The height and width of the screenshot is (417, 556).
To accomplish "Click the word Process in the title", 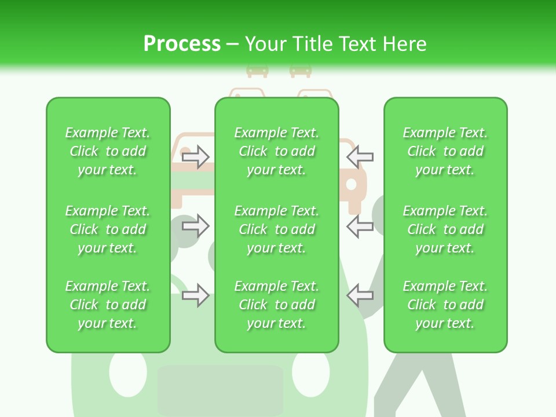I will tap(182, 44).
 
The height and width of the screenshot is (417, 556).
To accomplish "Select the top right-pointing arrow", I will tap(196, 157).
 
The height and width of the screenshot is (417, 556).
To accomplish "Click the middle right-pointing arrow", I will tap(196, 226).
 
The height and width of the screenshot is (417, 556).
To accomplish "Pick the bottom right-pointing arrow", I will tap(196, 295).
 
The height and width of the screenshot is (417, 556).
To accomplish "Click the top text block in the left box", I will tap(108, 151).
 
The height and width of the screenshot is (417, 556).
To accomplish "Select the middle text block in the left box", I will tap(108, 229).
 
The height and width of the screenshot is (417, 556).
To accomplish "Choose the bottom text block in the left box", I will tap(108, 305).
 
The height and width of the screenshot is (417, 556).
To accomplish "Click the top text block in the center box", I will tap(276, 151).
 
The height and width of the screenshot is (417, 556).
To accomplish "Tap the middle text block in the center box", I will tap(276, 229).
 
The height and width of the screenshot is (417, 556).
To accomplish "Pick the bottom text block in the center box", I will tap(276, 305).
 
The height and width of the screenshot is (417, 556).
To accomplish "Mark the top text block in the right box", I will tap(445, 151).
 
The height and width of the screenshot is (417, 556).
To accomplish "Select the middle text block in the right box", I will tap(445, 229).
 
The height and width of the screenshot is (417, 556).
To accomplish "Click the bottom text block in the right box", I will tap(445, 305).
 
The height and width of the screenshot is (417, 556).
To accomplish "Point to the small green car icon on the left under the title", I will tap(257, 71).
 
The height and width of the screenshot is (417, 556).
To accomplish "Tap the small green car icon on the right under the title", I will tap(301, 71).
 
